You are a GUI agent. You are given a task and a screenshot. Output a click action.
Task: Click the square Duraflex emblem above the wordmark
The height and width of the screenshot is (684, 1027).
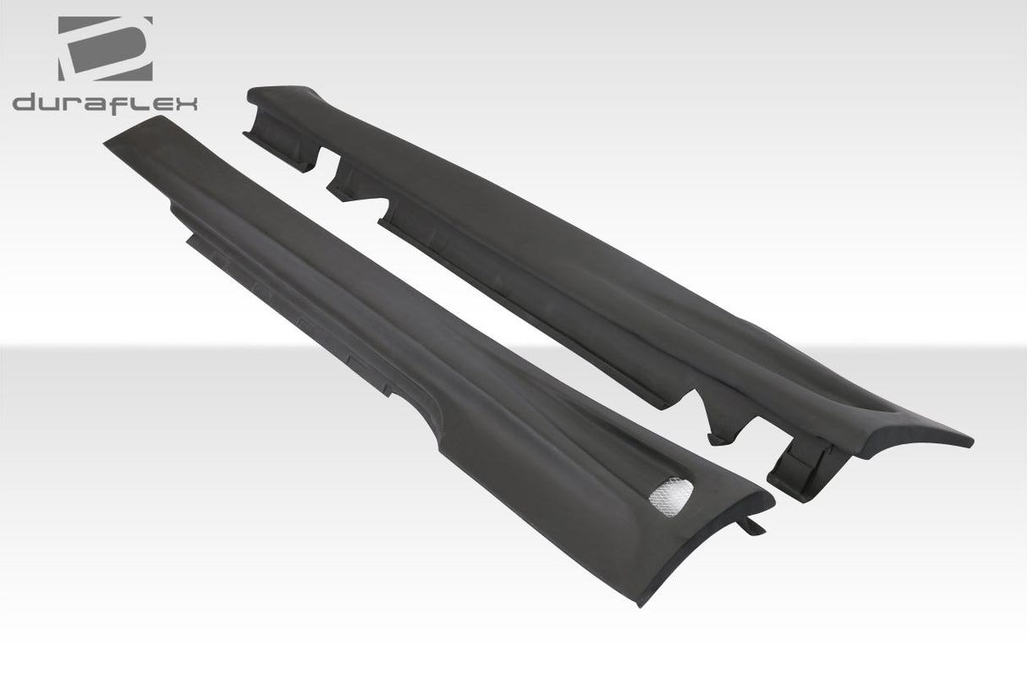pos(105,48)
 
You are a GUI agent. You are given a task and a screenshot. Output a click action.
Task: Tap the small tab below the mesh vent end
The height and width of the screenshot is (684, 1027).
pos(752,526)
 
